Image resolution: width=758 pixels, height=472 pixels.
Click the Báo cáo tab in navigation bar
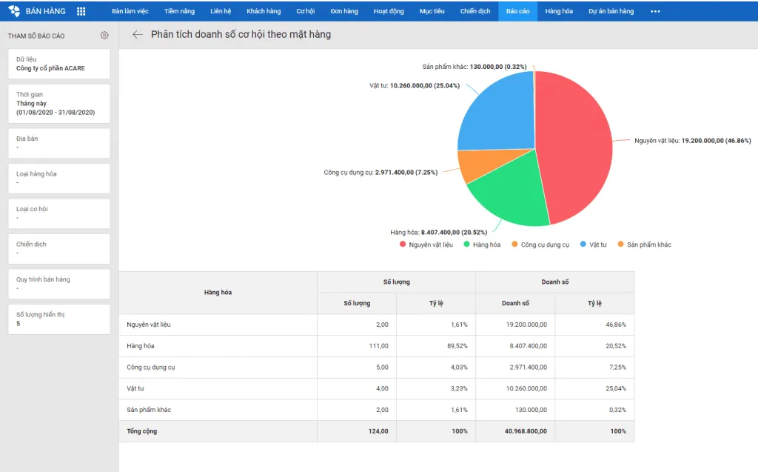(x=517, y=11)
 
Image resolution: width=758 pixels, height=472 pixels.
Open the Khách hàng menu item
(x=264, y=11)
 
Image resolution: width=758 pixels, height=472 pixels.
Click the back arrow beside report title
(x=138, y=35)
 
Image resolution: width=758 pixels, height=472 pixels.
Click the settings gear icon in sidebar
(x=104, y=36)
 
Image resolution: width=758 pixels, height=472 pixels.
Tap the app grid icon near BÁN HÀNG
(x=81, y=11)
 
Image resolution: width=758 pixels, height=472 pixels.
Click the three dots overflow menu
(x=655, y=11)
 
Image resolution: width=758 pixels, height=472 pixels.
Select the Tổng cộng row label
(x=142, y=431)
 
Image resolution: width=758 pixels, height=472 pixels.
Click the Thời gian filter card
(x=59, y=104)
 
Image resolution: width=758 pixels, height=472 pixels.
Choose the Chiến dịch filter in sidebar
(x=59, y=248)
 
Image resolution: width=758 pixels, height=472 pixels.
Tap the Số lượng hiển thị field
(x=59, y=319)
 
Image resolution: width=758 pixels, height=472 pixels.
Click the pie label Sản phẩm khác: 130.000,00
(x=474, y=67)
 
